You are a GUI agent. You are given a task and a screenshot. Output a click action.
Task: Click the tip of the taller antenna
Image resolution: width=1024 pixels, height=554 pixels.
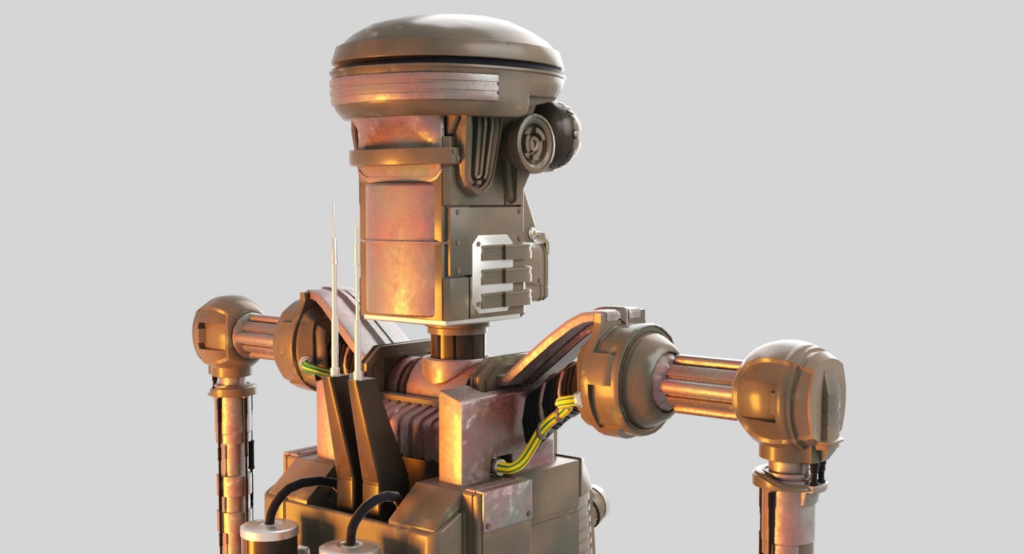pyautogui.click(x=334, y=205)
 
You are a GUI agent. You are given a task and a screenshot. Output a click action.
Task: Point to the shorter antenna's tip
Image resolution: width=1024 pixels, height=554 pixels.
pyautogui.click(x=356, y=216)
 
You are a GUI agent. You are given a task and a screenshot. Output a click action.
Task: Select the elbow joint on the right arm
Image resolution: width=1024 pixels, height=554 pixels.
pyautogui.click(x=789, y=395)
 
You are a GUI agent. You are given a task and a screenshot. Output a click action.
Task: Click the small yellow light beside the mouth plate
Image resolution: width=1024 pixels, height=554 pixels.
pyautogui.click(x=532, y=233)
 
